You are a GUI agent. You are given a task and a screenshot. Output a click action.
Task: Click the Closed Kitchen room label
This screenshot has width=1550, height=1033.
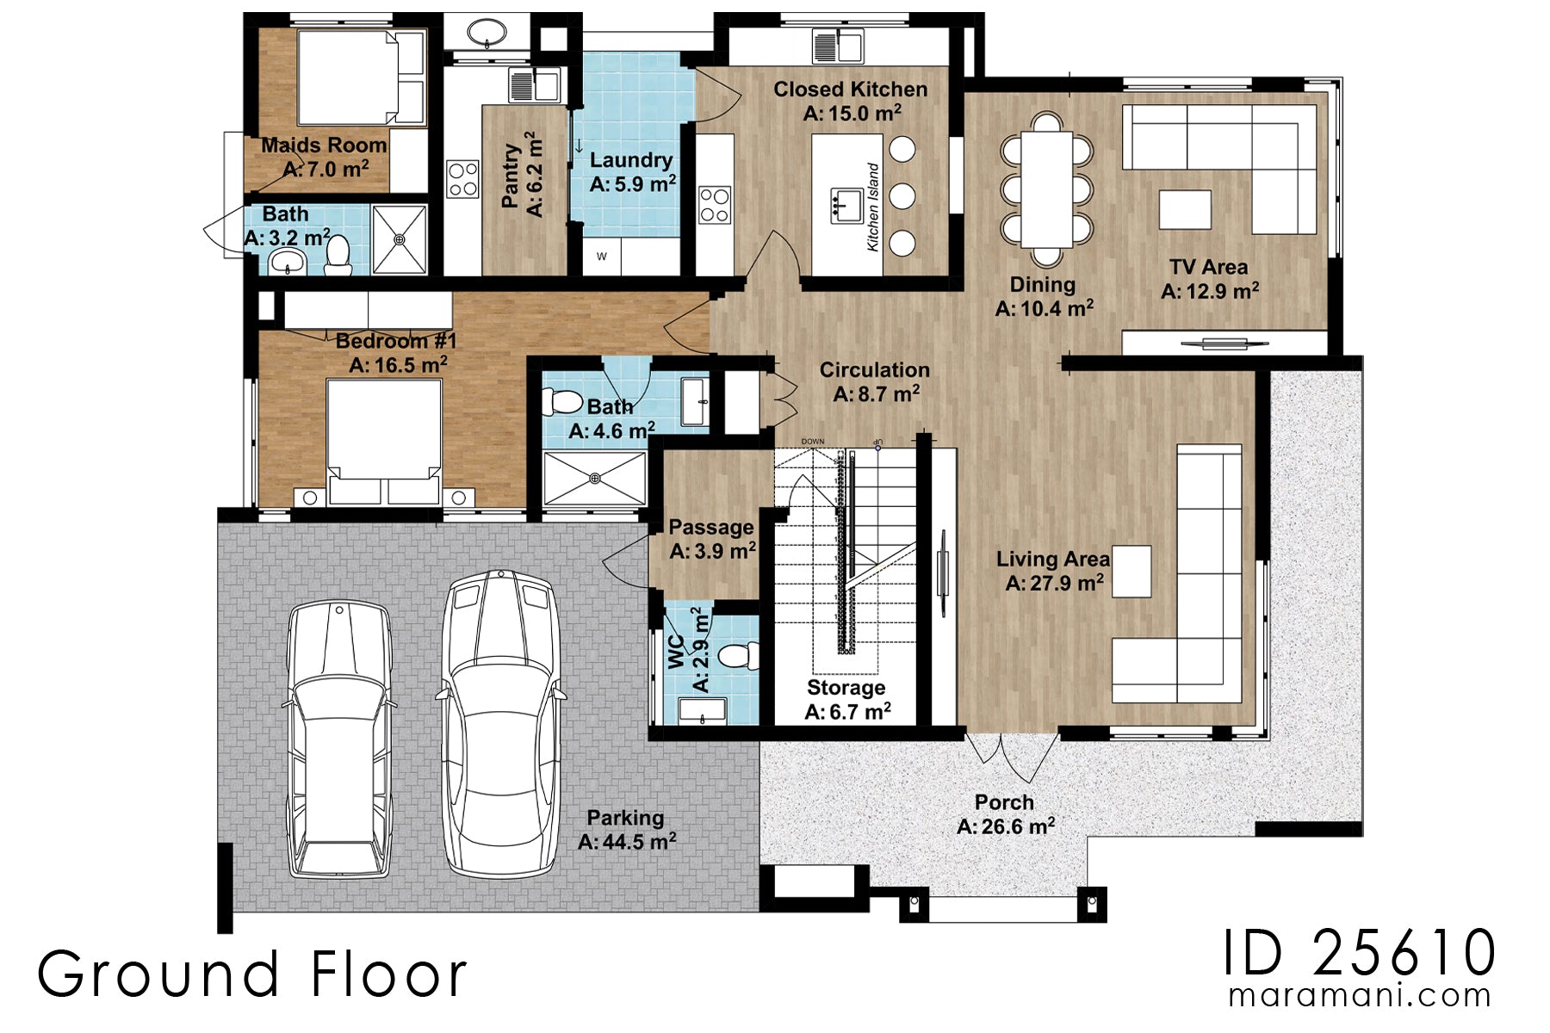[850, 90]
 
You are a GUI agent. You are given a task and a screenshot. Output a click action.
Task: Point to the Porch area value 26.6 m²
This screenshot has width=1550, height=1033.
[1006, 827]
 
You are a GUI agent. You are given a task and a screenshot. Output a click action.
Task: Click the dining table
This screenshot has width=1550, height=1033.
[1046, 189]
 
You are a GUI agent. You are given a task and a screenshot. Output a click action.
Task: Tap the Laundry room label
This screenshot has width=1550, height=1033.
[630, 160]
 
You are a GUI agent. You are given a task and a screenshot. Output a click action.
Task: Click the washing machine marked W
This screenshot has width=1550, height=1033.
[602, 257]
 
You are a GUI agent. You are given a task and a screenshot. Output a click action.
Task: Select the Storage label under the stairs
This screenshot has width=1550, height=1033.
[846, 688]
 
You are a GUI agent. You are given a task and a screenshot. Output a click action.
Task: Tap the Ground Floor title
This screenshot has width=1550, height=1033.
[251, 974]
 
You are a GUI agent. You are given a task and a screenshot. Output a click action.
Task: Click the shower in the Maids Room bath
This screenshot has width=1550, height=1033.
[400, 239]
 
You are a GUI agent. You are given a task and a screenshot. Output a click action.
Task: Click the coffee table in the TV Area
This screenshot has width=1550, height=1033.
[1184, 209]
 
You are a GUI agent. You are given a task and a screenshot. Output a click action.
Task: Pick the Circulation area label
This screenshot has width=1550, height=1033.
[874, 370]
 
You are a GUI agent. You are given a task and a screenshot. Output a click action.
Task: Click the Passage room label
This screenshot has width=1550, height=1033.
[710, 527]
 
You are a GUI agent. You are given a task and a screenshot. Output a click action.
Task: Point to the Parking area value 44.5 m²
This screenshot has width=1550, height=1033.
[627, 842]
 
